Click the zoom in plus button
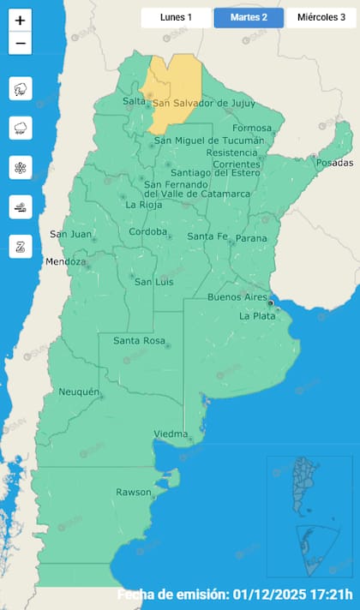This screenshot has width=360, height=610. point(21,21)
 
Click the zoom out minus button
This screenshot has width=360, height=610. point(21,43)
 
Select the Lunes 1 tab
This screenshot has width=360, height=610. point(176,17)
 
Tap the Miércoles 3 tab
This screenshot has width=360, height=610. point(321,17)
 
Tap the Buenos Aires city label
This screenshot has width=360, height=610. point(237,297)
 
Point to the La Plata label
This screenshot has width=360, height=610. point(256,316)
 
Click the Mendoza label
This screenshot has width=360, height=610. point(66,261)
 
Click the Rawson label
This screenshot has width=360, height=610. point(133,493)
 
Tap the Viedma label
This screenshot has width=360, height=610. point(170,434)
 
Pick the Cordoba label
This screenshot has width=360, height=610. point(147,232)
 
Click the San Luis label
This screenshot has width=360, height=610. point(155,282)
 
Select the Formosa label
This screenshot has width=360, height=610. point(251,129)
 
